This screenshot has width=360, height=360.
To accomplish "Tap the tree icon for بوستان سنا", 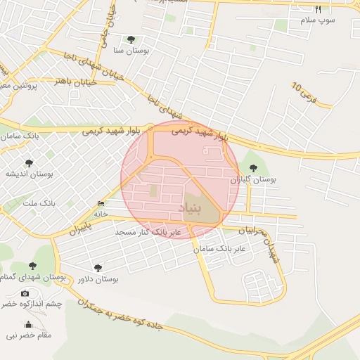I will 131,39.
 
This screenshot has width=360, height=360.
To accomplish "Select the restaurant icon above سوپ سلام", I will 318,10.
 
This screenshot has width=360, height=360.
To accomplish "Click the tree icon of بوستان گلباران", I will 252,167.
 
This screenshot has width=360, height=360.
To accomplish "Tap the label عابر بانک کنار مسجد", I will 148,231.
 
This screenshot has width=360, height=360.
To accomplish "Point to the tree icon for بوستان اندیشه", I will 29,163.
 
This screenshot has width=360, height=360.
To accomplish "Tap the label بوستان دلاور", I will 98,279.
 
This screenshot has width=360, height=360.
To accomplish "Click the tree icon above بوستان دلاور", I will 97,267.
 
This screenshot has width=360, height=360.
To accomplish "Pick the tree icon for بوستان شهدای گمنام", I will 32,266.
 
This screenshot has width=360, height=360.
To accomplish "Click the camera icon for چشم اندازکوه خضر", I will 25,293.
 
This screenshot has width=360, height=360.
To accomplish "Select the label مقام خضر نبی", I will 29,335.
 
